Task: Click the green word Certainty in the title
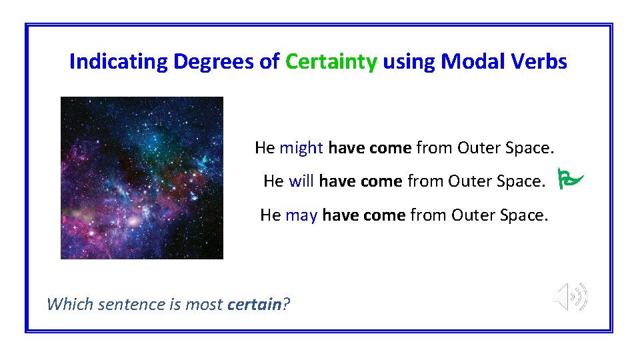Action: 331,62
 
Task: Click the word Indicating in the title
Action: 119,62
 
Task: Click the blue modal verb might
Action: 301,148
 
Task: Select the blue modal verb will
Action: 301,181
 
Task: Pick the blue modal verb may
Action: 301,215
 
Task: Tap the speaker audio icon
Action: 571,296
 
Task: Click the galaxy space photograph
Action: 142,177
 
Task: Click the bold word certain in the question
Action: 254,305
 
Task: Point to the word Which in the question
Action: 71,305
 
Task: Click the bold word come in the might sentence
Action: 390,148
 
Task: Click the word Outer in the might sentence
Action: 478,148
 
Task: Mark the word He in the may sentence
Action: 270,215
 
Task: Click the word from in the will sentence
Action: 425,181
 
